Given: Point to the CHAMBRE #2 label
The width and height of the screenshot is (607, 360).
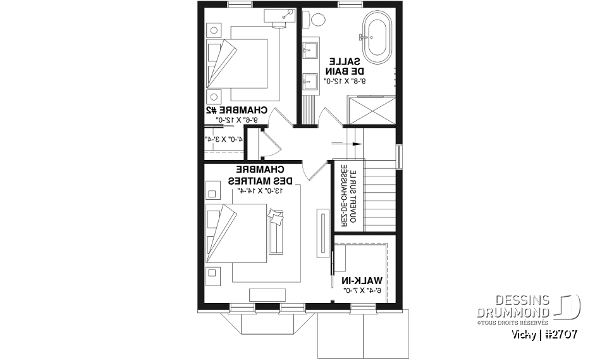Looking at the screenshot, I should [x=236, y=110].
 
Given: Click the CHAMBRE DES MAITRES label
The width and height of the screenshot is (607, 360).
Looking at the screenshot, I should [x=259, y=175].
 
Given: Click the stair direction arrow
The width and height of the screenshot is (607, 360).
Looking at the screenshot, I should [x=356, y=144].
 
